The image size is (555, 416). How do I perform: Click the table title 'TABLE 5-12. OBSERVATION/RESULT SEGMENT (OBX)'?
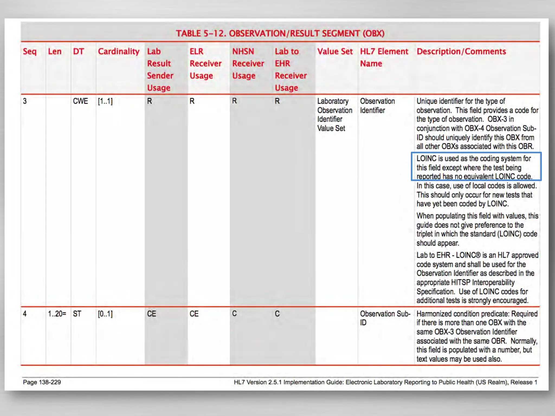[x=280, y=34]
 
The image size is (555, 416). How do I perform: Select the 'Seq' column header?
[x=30, y=51]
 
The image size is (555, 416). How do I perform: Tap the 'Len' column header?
[x=54, y=51]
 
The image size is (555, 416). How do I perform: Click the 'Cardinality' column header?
[x=118, y=51]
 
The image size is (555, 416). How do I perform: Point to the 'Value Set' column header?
[x=335, y=51]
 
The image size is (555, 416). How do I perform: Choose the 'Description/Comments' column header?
[x=461, y=51]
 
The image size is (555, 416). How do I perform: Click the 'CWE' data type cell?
[x=80, y=101]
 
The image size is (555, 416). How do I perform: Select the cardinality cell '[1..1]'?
[x=105, y=101]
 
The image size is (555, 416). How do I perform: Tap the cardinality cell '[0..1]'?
[x=105, y=314]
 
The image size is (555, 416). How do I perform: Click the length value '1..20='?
[x=57, y=314]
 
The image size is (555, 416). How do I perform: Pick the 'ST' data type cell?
[x=77, y=314]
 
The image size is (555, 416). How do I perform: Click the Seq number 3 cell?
[x=25, y=101]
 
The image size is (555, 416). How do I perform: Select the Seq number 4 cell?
[x=25, y=314]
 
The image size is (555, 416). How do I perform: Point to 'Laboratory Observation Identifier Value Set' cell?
[x=334, y=115]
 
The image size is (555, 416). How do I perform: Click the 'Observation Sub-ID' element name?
[x=385, y=318]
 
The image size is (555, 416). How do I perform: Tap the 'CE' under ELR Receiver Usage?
[x=194, y=314]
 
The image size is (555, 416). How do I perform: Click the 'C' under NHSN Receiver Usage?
[x=234, y=314]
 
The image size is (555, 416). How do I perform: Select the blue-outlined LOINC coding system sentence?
[x=476, y=167]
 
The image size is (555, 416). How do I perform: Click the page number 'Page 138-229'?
[x=42, y=382]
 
